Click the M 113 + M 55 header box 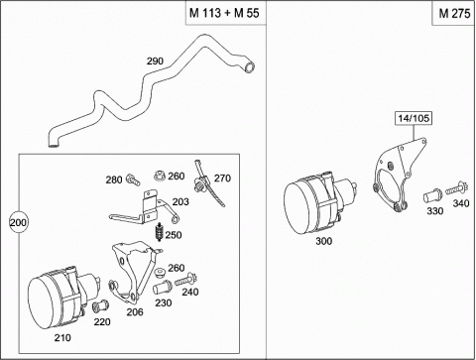226,13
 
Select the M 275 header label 454,13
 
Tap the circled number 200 18,222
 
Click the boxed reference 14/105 414,118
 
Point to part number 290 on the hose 155,60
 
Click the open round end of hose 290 249,67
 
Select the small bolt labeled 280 133,179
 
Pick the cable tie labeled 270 207,182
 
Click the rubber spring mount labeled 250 160,232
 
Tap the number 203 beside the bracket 180,201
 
